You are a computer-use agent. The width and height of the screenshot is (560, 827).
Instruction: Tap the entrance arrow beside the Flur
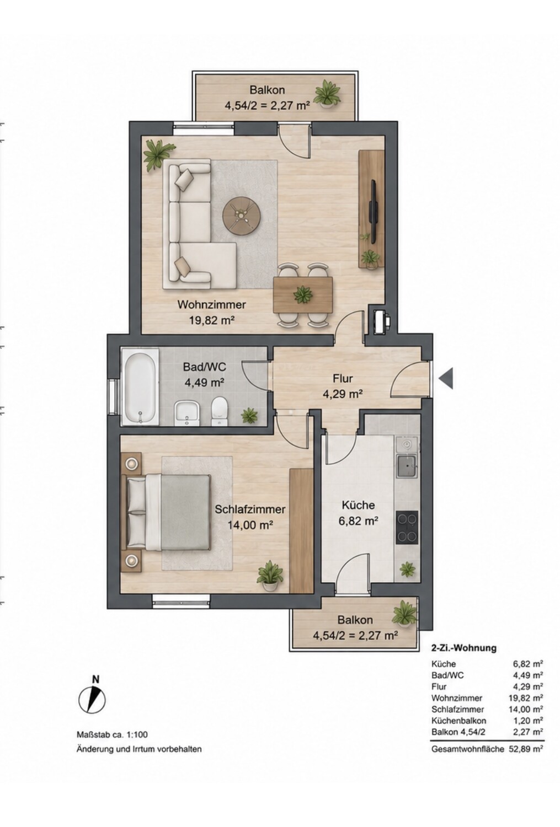tap(446, 378)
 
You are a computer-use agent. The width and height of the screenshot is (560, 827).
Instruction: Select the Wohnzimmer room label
tap(212, 305)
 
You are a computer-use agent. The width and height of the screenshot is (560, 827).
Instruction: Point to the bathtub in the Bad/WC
tap(140, 388)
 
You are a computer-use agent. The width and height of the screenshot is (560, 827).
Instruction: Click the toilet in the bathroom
tap(220, 411)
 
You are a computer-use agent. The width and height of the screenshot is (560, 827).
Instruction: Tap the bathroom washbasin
tap(187, 413)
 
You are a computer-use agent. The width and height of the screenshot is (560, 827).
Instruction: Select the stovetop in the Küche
tap(407, 527)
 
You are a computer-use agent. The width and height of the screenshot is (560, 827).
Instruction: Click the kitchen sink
tap(406, 466)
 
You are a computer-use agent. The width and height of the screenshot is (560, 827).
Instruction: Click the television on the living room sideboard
tap(374, 211)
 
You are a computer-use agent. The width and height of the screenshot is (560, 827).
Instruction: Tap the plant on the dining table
tap(302, 295)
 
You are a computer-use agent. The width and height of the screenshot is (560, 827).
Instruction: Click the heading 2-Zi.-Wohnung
tap(463, 648)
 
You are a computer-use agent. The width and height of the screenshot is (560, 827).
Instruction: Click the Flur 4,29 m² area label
tap(343, 386)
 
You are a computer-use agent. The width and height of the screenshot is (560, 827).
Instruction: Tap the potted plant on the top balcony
tap(327, 94)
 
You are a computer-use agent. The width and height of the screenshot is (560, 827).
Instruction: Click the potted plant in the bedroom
tap(270, 576)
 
